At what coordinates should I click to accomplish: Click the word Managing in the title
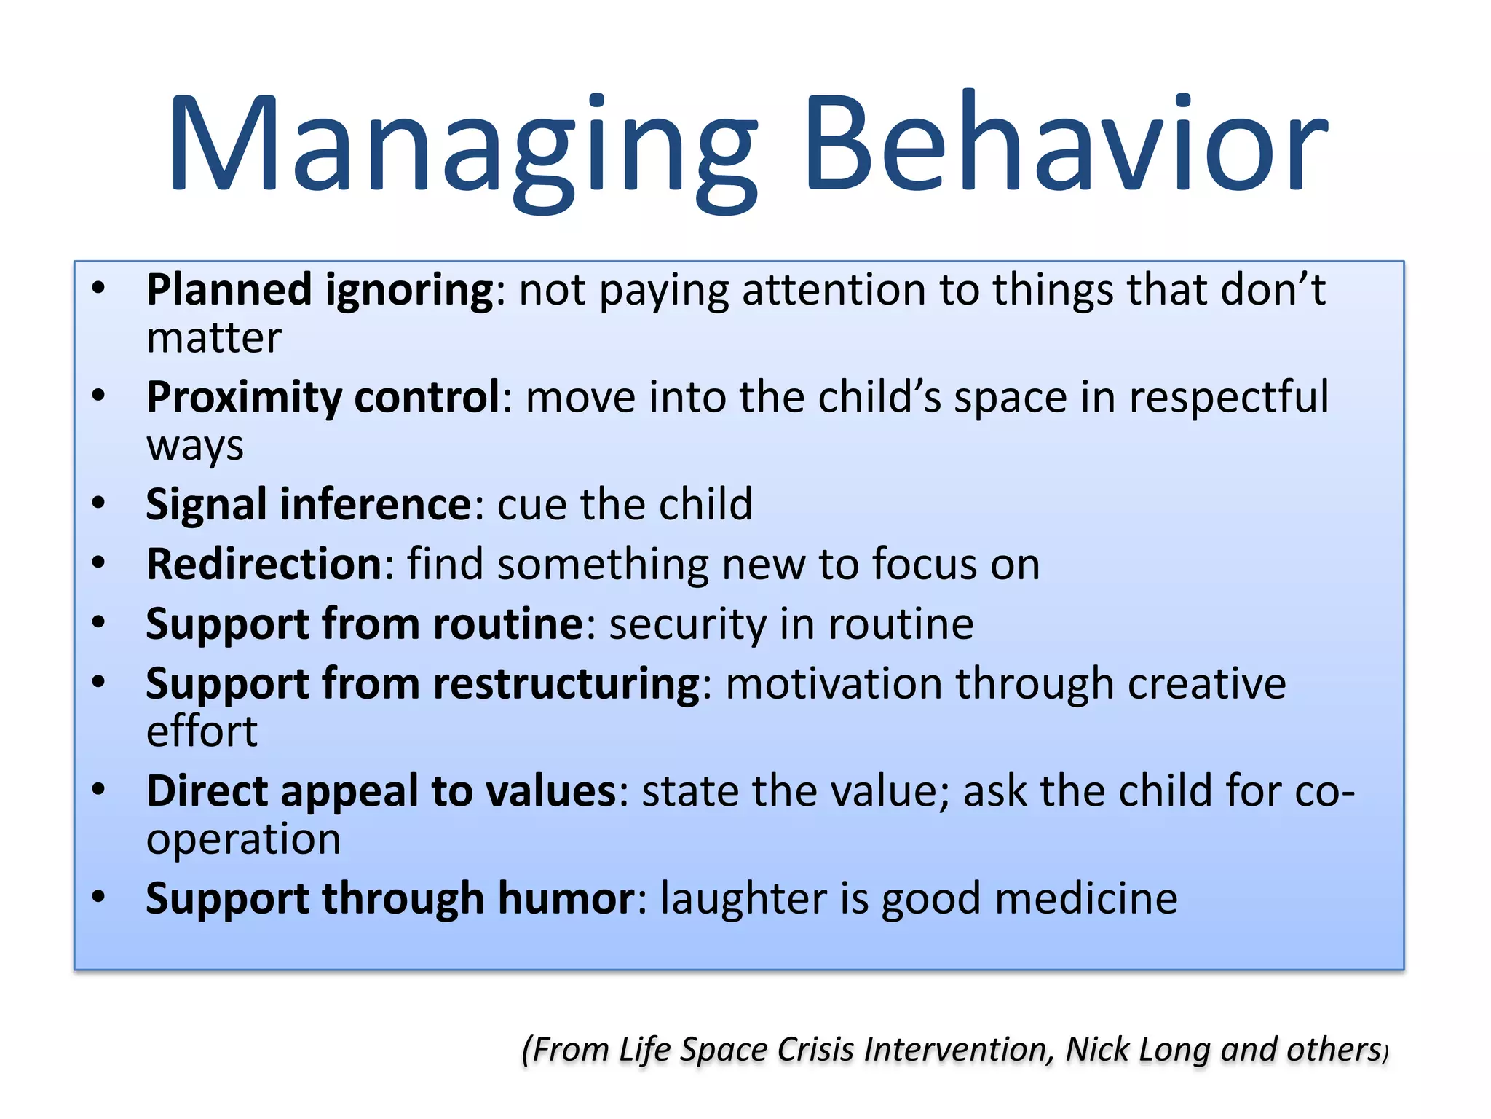click(x=463, y=146)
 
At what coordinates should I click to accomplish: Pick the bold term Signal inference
click(x=309, y=504)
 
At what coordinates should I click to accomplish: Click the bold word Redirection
click(x=264, y=565)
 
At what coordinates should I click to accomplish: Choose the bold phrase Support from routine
click(x=364, y=624)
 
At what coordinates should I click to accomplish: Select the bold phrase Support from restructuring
click(x=423, y=684)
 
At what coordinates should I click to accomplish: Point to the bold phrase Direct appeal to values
click(x=381, y=791)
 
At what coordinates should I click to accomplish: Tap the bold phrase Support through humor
click(x=390, y=898)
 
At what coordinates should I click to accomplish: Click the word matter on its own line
click(x=213, y=339)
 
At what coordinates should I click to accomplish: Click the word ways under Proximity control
click(x=194, y=446)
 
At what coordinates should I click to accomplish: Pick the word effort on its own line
click(x=202, y=731)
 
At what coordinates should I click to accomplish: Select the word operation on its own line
click(x=243, y=839)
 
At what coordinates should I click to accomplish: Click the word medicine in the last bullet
click(x=1085, y=898)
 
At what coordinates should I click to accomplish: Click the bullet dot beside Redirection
click(x=99, y=563)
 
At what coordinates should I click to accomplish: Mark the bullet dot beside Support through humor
click(x=99, y=897)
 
